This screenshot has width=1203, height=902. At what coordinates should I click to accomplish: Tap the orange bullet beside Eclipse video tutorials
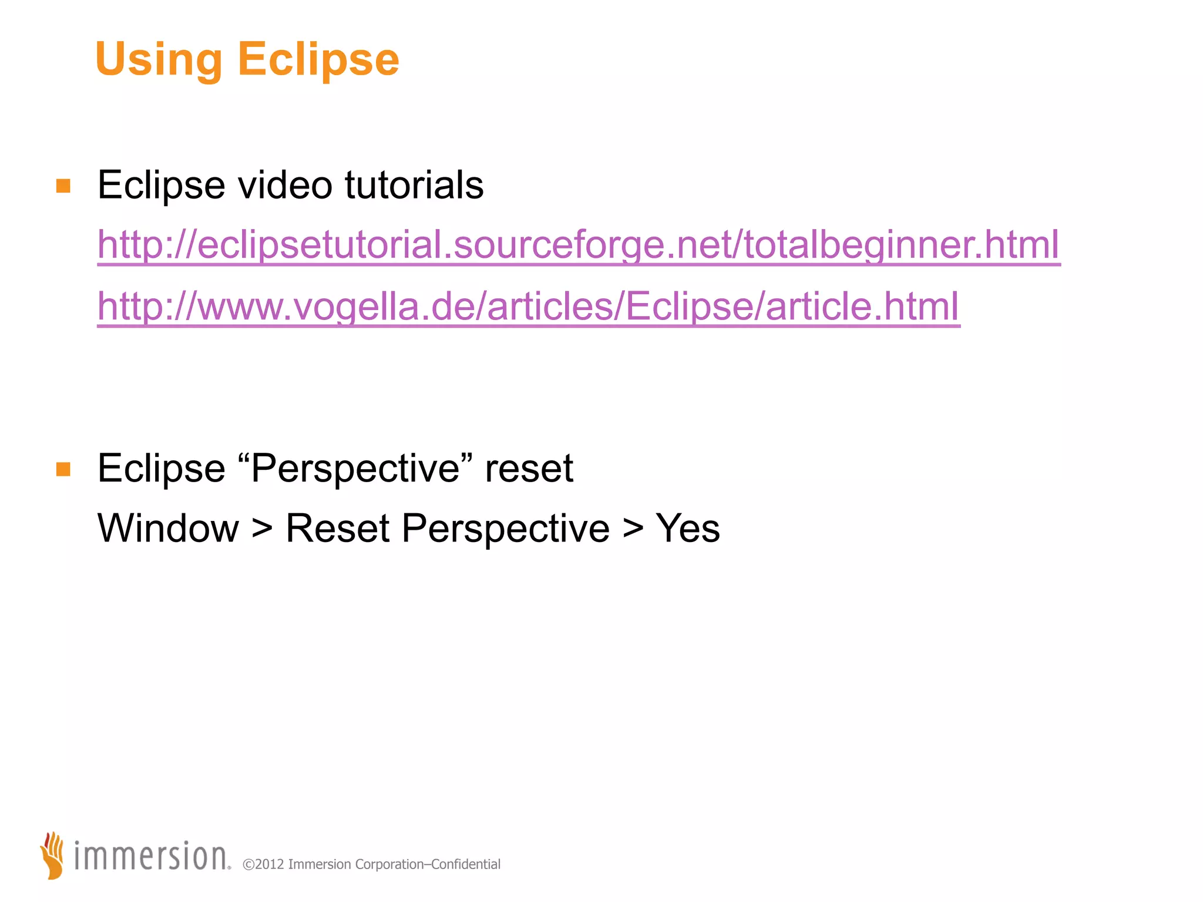(x=63, y=186)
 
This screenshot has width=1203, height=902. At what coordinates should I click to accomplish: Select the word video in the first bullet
(x=285, y=185)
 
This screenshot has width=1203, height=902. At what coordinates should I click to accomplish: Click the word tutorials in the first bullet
(x=414, y=185)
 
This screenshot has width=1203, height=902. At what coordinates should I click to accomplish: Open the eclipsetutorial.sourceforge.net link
(x=579, y=245)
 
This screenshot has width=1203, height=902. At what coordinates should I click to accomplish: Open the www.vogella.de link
(x=528, y=307)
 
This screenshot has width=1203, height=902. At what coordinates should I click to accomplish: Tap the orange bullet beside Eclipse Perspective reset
(x=63, y=469)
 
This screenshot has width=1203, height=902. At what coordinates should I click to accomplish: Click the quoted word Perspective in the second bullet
(x=355, y=469)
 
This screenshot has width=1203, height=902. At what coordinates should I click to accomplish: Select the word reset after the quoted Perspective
(x=529, y=469)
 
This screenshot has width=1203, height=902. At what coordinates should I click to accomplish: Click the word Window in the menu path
(x=168, y=528)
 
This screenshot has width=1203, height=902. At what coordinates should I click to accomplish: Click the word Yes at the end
(x=687, y=528)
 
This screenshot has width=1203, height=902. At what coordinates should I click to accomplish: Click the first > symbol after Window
(x=262, y=529)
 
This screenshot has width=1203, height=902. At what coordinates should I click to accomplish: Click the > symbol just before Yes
(x=633, y=529)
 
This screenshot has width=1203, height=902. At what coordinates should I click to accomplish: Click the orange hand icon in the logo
(x=53, y=855)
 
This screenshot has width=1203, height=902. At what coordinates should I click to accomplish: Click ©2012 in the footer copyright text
(x=263, y=864)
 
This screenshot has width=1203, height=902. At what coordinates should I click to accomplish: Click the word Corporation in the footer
(x=389, y=864)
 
